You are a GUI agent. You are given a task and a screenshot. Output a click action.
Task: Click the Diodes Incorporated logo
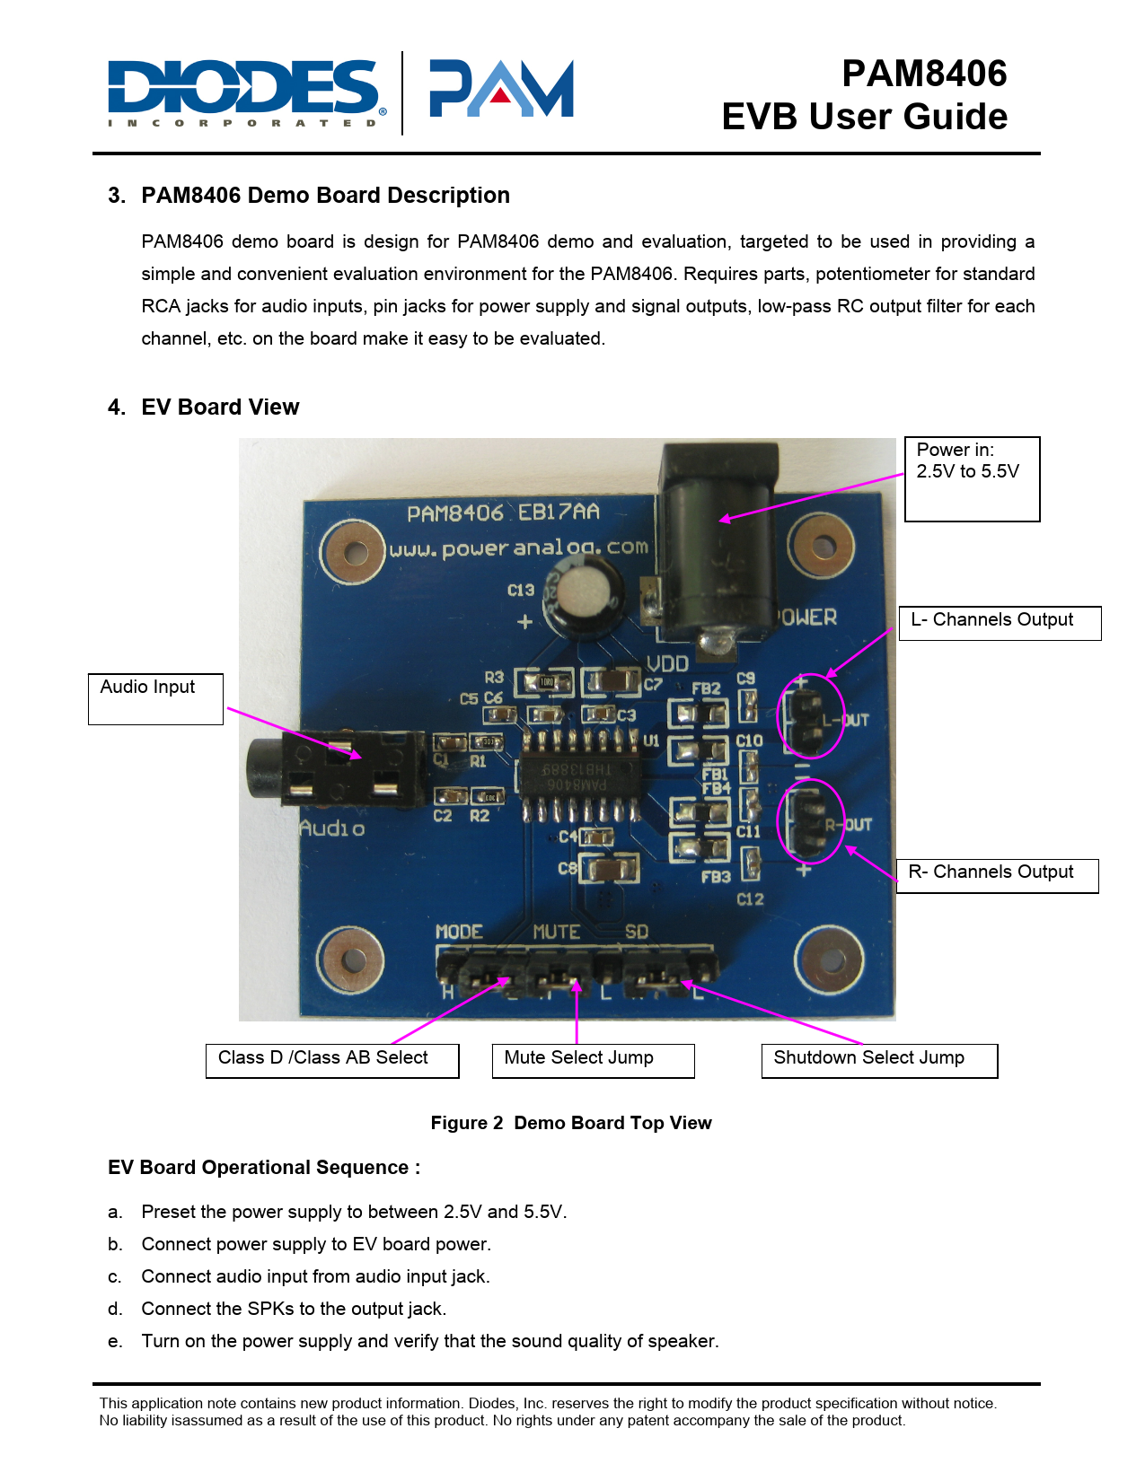pyautogui.click(x=247, y=92)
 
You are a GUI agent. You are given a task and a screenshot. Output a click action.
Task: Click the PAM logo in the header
pyautogui.click(x=501, y=89)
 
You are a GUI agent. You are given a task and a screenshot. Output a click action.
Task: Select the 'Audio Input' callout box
pyautogui.click(x=155, y=698)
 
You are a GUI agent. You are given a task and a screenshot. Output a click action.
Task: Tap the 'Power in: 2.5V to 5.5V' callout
pyautogui.click(x=972, y=478)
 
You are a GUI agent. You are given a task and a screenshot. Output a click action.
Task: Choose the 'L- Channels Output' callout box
pyautogui.click(x=1000, y=623)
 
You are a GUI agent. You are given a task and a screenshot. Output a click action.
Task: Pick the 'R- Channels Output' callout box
pyautogui.click(x=997, y=875)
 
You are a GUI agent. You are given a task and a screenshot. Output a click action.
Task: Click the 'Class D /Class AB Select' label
pyautogui.click(x=332, y=1060)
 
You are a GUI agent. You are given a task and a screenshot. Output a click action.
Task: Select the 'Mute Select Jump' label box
pyautogui.click(x=593, y=1060)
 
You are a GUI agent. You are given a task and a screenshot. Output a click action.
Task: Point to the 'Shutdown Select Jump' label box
pyautogui.click(x=879, y=1060)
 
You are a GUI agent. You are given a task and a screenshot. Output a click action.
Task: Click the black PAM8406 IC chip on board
pyautogui.click(x=577, y=776)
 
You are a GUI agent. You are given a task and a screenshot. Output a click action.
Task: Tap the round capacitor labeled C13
pyautogui.click(x=585, y=595)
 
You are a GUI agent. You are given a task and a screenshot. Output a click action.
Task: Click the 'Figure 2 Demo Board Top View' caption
pyautogui.click(x=571, y=1123)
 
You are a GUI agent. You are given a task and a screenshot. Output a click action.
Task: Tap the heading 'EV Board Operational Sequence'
pyautogui.click(x=264, y=1168)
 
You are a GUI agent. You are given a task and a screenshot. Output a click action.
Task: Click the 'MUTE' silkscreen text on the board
pyautogui.click(x=556, y=933)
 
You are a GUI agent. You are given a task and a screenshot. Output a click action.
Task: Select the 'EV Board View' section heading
pyautogui.click(x=220, y=407)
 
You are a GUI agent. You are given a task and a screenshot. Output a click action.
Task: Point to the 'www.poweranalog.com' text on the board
pyautogui.click(x=518, y=548)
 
